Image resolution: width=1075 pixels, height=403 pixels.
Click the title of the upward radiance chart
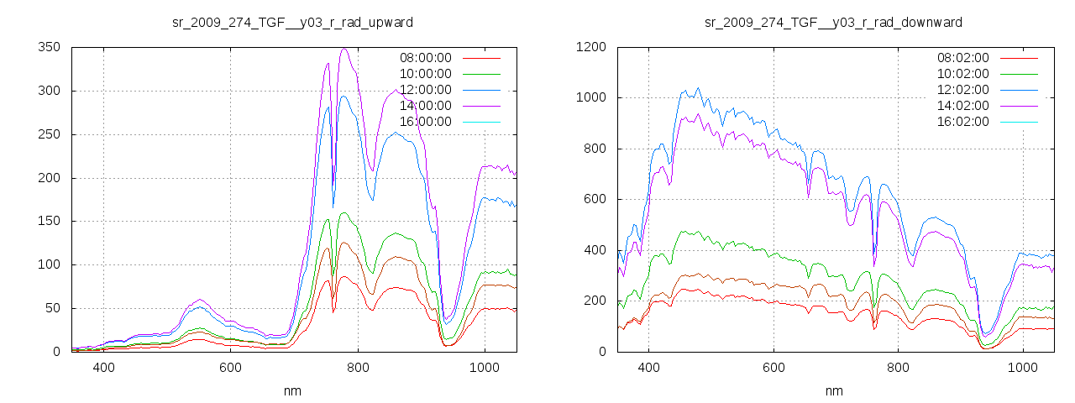point(292,22)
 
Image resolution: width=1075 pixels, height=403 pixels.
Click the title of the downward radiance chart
point(833,22)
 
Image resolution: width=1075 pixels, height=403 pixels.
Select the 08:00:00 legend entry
point(423,58)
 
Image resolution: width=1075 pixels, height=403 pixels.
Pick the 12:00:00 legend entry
point(423,90)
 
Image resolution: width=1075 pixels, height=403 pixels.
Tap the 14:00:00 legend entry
point(423,106)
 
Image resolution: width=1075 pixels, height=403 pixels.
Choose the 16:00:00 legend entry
point(423,122)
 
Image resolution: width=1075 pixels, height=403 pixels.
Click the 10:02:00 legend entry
point(962,74)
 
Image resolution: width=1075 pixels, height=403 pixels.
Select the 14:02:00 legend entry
point(962,106)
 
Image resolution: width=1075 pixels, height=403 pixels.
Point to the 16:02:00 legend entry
point(962,122)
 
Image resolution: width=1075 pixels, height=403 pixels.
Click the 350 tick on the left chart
point(49,48)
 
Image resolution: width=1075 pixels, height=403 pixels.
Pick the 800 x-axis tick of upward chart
point(358,369)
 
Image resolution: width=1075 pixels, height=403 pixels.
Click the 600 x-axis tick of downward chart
point(773,369)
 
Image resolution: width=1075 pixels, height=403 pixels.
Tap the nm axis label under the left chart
point(292,391)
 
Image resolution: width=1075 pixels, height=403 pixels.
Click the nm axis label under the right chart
point(833,391)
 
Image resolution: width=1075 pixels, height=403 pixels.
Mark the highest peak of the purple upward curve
point(344,49)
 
